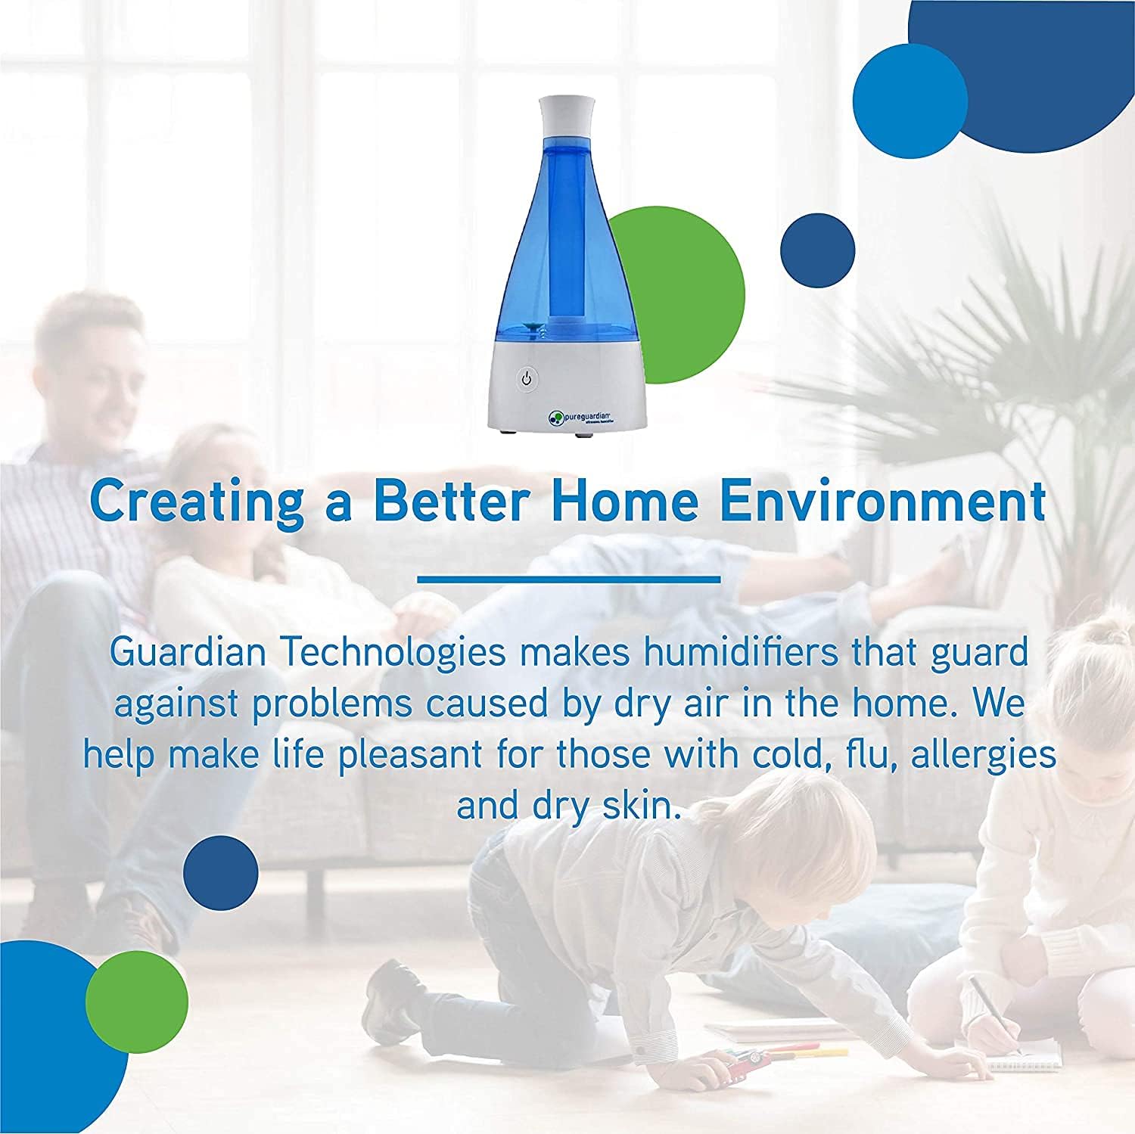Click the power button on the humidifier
pos(527,378)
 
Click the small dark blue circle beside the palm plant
pos(817,250)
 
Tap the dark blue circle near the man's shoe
pos(221,873)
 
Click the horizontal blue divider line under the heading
pos(568,580)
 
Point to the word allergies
pos(983,756)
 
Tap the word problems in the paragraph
pos(332,705)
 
